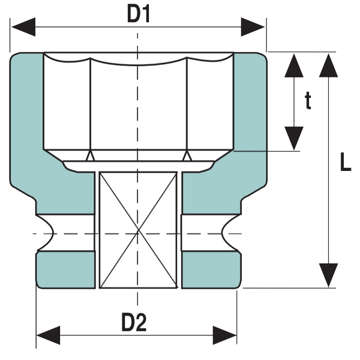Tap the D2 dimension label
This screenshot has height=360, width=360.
(x=134, y=323)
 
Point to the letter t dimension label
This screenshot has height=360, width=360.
(x=308, y=101)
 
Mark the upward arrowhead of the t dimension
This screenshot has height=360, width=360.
(x=294, y=65)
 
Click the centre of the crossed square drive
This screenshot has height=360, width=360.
(x=138, y=230)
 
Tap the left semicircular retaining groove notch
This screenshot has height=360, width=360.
(x=47, y=233)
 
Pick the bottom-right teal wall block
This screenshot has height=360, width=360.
(x=211, y=269)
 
